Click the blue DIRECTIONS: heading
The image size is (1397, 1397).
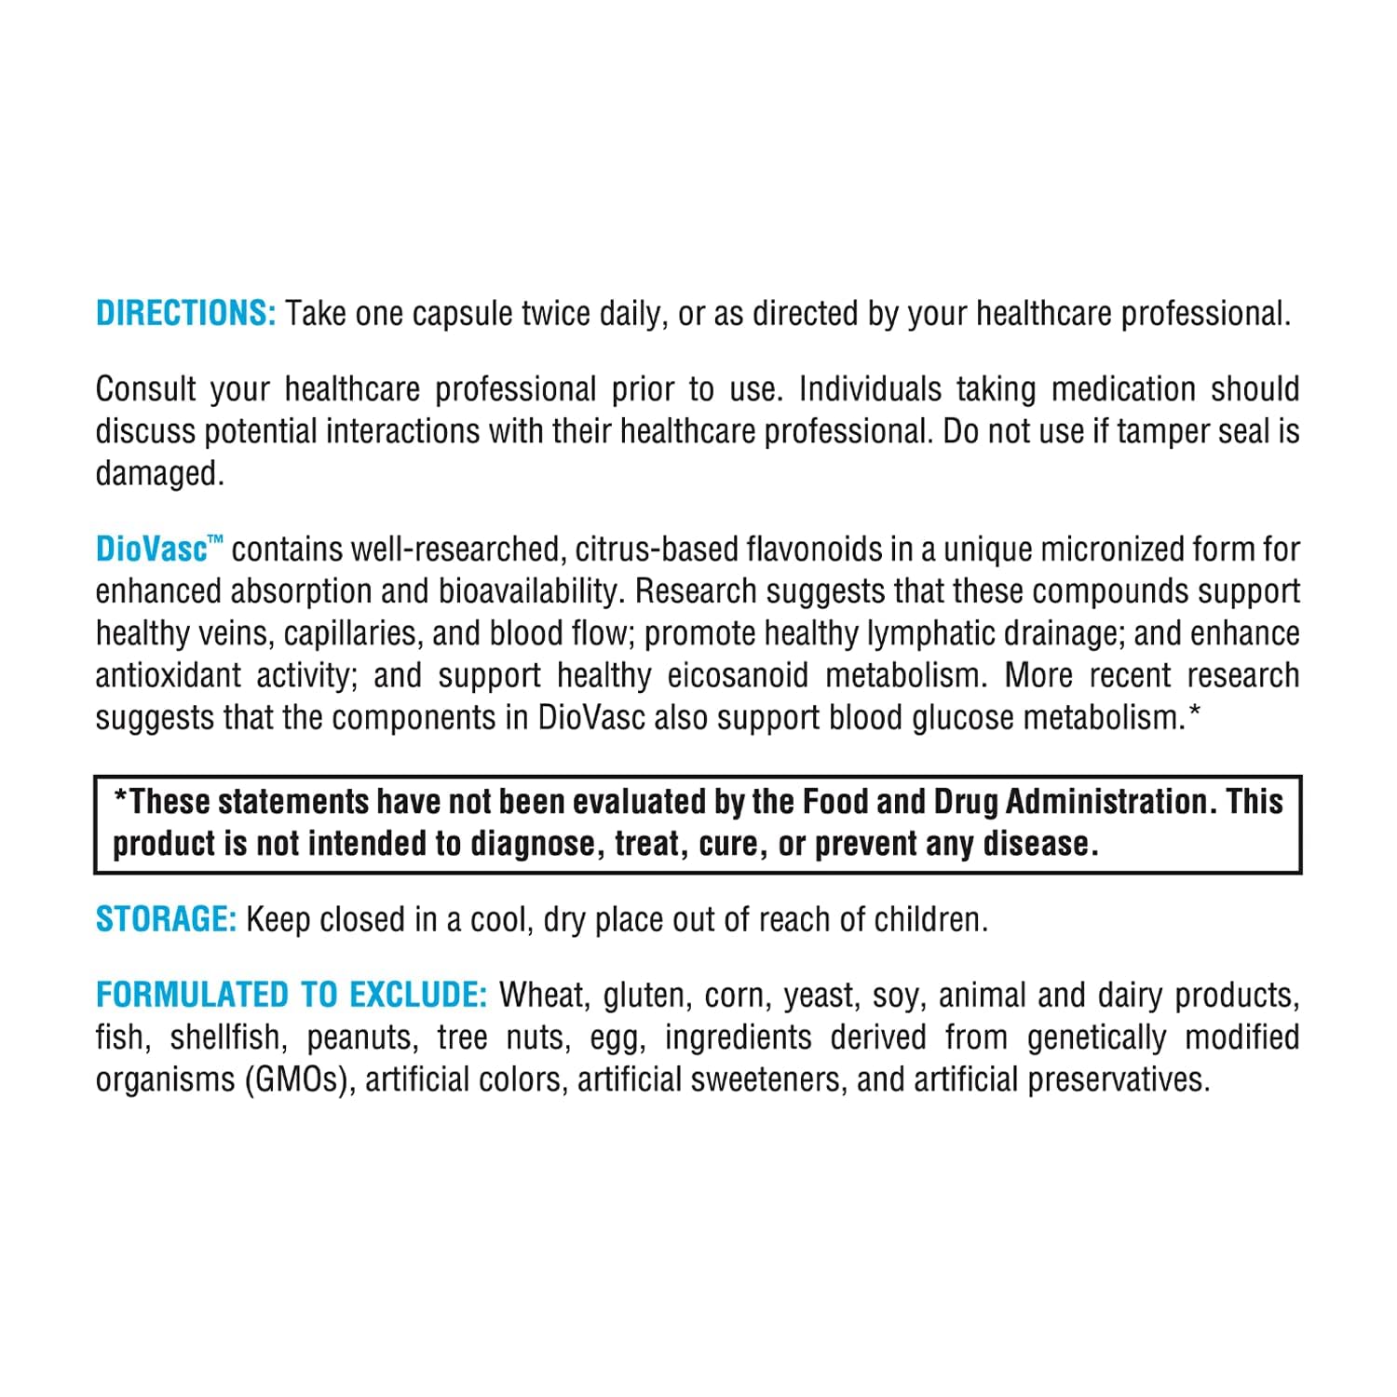pos(185,314)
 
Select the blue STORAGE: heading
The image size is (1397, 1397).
pos(167,920)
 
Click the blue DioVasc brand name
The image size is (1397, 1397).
pos(151,549)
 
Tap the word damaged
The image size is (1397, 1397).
pos(159,474)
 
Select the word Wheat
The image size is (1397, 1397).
pos(544,996)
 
